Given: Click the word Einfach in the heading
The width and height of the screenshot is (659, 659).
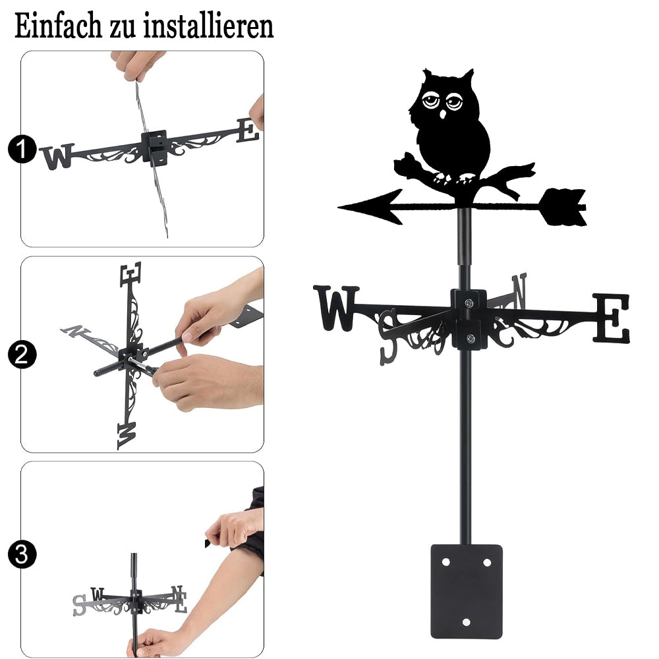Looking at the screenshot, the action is click(58, 26).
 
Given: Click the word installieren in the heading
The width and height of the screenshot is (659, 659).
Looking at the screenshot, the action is click(208, 26).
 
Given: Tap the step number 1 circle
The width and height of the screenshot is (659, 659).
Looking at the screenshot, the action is click(22, 149).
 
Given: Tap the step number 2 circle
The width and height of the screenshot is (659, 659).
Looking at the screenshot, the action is click(22, 355).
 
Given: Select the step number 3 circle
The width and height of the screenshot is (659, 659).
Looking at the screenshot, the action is click(22, 554).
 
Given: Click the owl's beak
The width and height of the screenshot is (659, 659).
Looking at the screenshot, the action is click(443, 114).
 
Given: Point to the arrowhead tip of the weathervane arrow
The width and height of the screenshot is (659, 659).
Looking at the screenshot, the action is click(339, 207).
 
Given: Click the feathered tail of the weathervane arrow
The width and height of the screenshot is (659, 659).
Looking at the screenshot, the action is click(563, 207).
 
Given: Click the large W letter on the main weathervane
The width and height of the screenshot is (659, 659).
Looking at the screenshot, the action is click(336, 308).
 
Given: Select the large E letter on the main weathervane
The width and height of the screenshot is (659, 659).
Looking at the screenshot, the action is click(612, 318).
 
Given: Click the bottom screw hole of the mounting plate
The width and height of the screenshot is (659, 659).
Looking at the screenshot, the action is click(466, 622).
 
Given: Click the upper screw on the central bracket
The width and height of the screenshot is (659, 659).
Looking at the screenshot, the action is click(469, 302).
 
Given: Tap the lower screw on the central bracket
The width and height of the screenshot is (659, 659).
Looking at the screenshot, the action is click(471, 338).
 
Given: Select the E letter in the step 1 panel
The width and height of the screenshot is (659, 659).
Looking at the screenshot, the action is click(248, 130).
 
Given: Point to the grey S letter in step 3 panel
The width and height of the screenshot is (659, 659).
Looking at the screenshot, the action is click(80, 605).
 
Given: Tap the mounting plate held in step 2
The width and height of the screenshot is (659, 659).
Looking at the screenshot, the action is click(247, 316).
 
